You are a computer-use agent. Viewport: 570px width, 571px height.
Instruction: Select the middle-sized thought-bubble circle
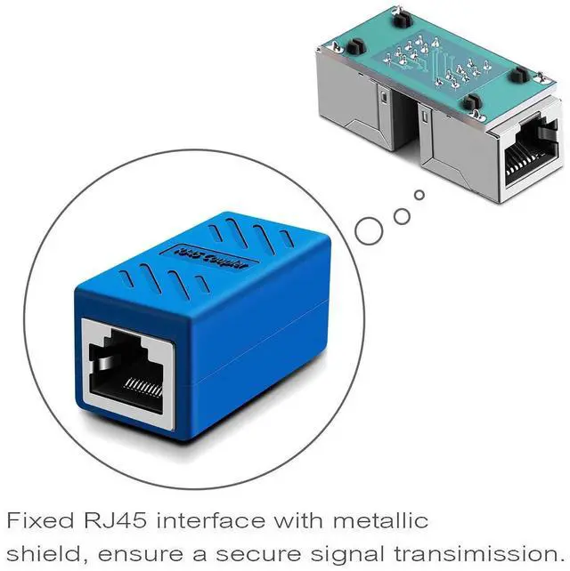402,214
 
